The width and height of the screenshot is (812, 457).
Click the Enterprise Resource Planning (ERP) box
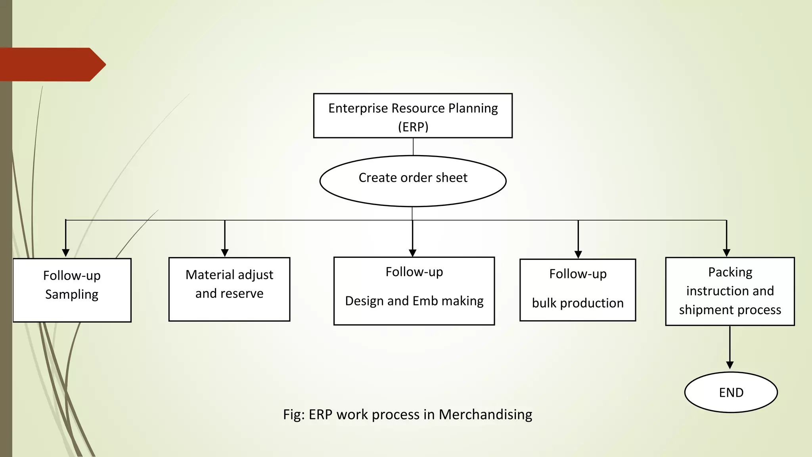click(413, 116)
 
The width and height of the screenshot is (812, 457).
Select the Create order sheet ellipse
click(413, 181)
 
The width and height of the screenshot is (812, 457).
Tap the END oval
click(731, 392)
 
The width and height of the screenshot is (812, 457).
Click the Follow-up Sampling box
click(72, 290)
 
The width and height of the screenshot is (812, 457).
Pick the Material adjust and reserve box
click(229, 289)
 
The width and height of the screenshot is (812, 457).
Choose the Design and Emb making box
click(414, 291)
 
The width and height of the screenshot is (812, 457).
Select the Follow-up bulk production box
click(578, 290)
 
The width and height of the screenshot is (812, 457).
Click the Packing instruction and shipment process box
click(730, 291)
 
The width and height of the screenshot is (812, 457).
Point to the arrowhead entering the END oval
click(730, 365)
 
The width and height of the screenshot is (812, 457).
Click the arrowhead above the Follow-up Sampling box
click(66, 253)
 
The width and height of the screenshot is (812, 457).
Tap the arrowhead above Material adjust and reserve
click(225, 253)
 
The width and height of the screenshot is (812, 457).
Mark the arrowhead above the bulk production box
click(578, 254)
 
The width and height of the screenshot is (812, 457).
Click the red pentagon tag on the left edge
click(52, 65)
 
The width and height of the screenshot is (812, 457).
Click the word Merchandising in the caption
click(485, 415)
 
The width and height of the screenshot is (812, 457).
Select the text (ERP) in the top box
click(413, 127)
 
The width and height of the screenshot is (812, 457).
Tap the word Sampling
click(72, 294)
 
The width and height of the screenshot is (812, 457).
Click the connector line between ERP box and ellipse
click(413, 147)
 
